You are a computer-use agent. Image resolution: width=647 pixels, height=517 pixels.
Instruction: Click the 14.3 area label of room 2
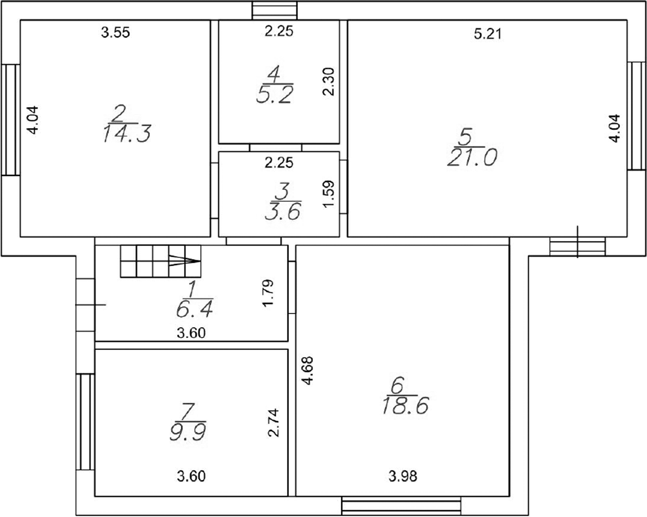tap(126, 133)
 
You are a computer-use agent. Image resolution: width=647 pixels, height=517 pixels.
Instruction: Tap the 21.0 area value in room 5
tap(472, 157)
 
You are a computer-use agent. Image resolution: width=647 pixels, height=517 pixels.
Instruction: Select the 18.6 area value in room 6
tap(406, 405)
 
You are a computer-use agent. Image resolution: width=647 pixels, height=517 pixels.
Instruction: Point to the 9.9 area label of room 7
tap(188, 431)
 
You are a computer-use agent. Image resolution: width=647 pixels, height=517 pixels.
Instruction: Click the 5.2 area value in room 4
tap(275, 95)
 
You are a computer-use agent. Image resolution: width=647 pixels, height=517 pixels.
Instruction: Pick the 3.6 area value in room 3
tap(283, 211)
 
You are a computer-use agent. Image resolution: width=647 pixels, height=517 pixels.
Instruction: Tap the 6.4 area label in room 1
tap(195, 308)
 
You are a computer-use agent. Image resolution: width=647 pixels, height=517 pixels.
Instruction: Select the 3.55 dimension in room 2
tap(116, 32)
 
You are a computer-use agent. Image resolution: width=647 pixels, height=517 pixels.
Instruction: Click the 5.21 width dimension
tap(488, 34)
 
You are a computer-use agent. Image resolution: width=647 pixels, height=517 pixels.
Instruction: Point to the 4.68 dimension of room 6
tap(308, 371)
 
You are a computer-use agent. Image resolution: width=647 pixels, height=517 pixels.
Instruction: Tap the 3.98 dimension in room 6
tap(403, 477)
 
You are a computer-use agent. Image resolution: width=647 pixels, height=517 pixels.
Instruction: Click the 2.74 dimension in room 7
tap(274, 423)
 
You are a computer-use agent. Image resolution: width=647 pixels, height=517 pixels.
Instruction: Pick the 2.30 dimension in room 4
tap(328, 81)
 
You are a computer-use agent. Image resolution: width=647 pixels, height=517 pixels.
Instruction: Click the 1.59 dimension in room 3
tap(328, 194)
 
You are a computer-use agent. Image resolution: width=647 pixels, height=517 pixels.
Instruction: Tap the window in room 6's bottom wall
tap(401, 506)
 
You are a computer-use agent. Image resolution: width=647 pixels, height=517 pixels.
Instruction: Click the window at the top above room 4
tap(274, 10)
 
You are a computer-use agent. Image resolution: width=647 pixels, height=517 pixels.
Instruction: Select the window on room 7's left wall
tap(86, 422)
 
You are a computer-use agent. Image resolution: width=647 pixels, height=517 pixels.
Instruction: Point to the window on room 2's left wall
tap(11, 120)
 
